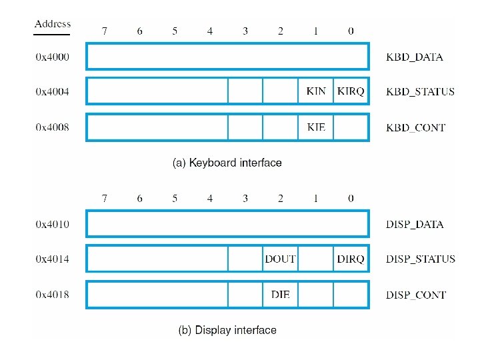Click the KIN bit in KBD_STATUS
316,91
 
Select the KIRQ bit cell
351,91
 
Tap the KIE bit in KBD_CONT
316,127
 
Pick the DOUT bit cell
281,259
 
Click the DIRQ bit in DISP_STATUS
351,259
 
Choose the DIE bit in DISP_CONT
281,295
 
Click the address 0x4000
52,57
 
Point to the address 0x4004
52,91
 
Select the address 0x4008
52,127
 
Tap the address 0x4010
52,224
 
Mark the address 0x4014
52,259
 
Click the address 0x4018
52,295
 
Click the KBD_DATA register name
415,57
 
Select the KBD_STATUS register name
420,91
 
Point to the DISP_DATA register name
415,224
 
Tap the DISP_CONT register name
416,295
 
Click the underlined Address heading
53,25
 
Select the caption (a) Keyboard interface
227,163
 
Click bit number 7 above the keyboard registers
104,31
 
